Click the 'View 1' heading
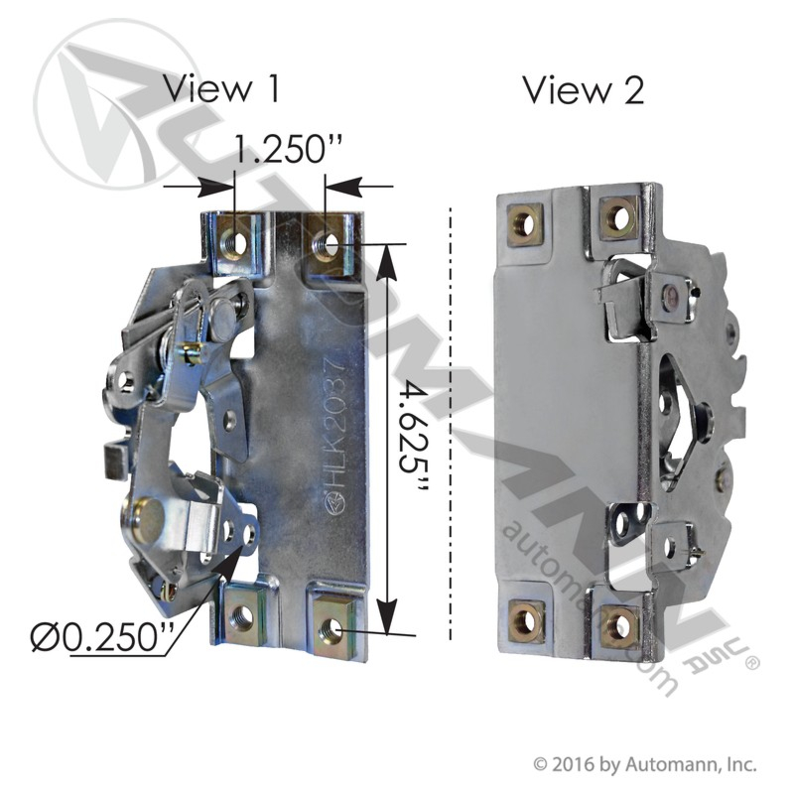click(221, 88)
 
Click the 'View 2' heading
click(584, 90)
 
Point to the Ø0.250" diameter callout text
click(102, 636)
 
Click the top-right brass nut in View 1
click(330, 244)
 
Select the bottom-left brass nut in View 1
click(243, 615)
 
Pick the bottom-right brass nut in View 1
click(336, 628)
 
